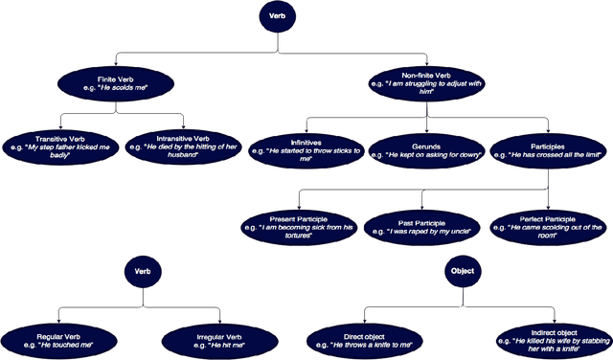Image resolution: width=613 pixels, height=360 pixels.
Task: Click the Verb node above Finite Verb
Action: point(278,17)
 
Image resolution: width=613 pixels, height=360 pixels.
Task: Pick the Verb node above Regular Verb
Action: point(141,271)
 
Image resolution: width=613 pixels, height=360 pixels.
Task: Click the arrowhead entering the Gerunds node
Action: point(426,129)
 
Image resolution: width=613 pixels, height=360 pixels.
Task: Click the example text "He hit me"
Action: point(218,342)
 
